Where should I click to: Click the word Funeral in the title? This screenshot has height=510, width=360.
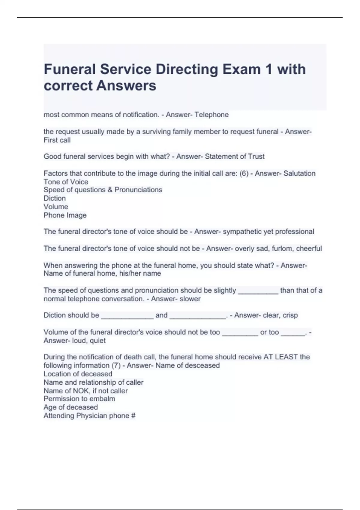coord(70,69)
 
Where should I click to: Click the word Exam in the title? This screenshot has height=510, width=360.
coord(241,69)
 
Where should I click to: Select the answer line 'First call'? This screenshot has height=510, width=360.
coord(57,140)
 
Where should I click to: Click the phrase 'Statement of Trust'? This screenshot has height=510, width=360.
coord(235,156)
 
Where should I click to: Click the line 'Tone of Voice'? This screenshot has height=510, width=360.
coord(66,182)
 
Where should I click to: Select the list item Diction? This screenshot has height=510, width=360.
coord(55,198)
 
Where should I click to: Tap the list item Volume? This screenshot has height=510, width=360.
coord(56,207)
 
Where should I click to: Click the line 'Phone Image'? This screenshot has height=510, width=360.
coord(65,215)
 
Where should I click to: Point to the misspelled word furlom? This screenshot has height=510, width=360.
coord(282,248)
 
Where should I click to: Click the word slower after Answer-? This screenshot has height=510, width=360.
coord(190,299)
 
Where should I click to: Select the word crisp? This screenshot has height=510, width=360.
coord(290,315)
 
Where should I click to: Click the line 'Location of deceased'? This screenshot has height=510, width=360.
coord(78,374)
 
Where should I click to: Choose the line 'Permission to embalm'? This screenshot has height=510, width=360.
coord(79,399)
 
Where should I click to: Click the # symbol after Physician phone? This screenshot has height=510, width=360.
coord(133,416)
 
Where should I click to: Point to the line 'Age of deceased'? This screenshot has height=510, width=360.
coord(70,407)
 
